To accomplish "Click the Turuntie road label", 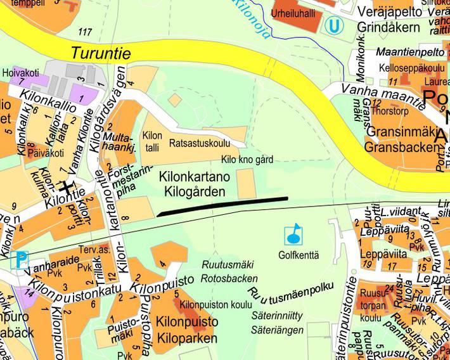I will (x=100, y=53).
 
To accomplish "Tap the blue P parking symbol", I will (x=21, y=259).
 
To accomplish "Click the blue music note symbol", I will (x=293, y=234).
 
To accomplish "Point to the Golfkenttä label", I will (x=298, y=255).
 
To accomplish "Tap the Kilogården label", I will (x=195, y=191).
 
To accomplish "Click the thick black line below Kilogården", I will (x=222, y=207).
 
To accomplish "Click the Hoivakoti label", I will (x=17, y=72).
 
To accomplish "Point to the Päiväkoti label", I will (x=45, y=153).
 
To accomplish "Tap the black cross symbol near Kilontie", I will (x=66, y=187).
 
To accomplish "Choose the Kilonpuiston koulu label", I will (x=211, y=305).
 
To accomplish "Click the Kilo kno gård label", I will (x=247, y=160).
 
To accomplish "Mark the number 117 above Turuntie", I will (x=84, y=32).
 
